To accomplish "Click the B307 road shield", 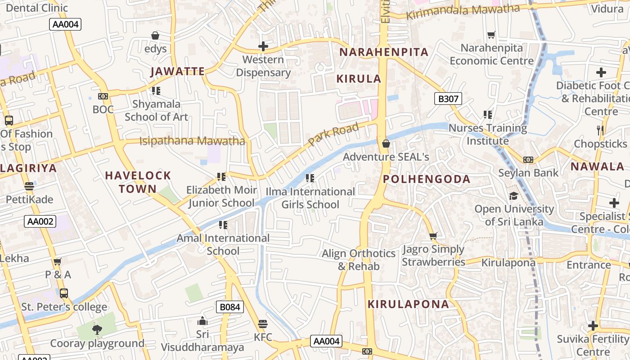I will pyautogui.click(x=448, y=99).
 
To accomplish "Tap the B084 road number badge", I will pyautogui.click(x=229, y=307).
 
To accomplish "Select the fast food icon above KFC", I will pyautogui.click(x=263, y=324).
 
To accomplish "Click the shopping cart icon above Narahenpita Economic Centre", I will pyautogui.click(x=491, y=35).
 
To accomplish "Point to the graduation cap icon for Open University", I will pyautogui.click(x=513, y=196).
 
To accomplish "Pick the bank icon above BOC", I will pyautogui.click(x=103, y=96).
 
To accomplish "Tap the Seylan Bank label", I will pyautogui.click(x=528, y=173).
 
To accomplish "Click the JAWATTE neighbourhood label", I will pyautogui.click(x=178, y=71).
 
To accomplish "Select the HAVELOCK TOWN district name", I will pyautogui.click(x=138, y=182).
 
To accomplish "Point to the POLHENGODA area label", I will pyautogui.click(x=427, y=179).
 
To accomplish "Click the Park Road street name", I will pyautogui.click(x=333, y=135).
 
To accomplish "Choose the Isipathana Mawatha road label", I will pyautogui.click(x=192, y=141).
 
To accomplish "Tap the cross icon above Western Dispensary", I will pyautogui.click(x=263, y=46).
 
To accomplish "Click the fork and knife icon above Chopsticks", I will pyautogui.click(x=600, y=130).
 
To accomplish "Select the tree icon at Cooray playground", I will pyautogui.click(x=97, y=330).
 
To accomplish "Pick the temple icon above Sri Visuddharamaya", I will pyautogui.click(x=202, y=321).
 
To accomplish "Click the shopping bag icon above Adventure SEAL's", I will pyautogui.click(x=386, y=144).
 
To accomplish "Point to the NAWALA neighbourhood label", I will pyautogui.click(x=597, y=166).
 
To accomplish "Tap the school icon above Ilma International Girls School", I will pyautogui.click(x=310, y=178).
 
